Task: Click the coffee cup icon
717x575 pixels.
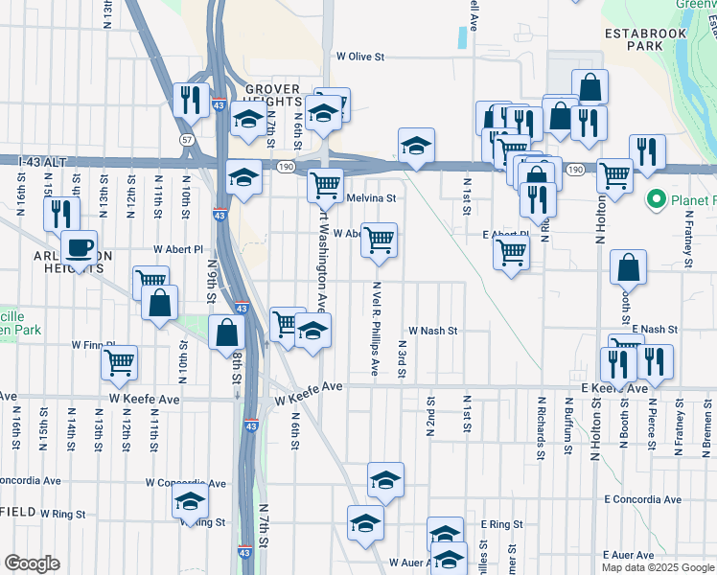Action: tap(79, 247)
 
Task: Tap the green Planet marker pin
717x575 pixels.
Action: tap(657, 199)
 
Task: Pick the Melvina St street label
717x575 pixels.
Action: tap(370, 197)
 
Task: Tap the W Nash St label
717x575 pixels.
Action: tap(434, 330)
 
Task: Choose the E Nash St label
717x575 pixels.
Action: tap(655, 329)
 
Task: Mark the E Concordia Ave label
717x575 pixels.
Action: tap(642, 499)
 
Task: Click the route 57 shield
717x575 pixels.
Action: tap(187, 140)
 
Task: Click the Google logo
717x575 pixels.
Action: tap(32, 563)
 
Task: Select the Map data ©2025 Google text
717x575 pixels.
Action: tap(657, 567)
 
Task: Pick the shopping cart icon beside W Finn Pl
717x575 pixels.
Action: tap(120, 362)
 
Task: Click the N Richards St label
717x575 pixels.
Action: tap(542, 421)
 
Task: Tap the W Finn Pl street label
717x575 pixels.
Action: tap(93, 344)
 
